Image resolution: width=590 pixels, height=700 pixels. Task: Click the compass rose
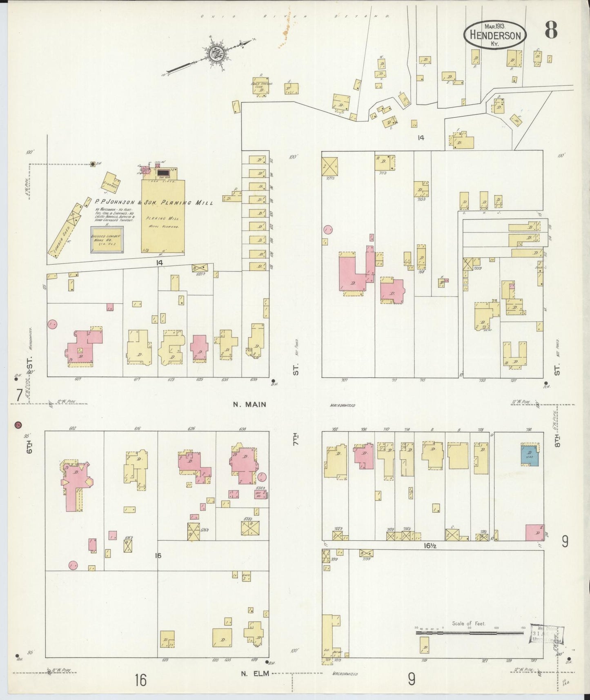point(215,53)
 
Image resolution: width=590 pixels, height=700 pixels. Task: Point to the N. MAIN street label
point(249,405)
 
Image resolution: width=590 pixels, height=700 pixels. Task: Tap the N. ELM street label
point(249,673)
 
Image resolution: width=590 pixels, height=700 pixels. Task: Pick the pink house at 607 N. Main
point(83,347)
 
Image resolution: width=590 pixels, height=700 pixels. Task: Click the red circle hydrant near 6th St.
point(18,424)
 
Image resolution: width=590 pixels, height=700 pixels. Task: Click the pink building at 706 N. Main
point(363,455)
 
